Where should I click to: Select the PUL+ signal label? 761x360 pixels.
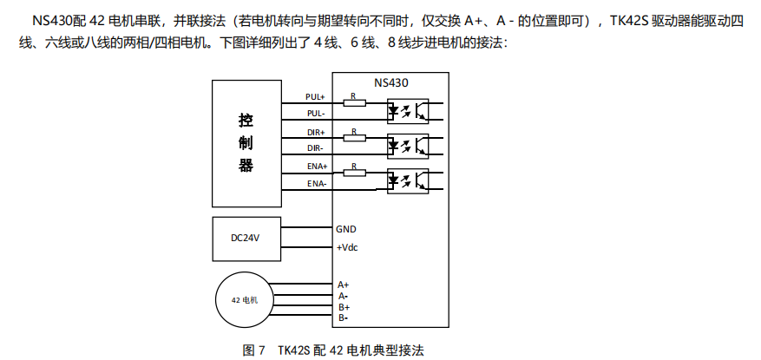315,96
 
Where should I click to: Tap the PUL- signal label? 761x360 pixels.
315,114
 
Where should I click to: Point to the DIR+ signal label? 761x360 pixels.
315,132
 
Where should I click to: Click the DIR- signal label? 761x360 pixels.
315,148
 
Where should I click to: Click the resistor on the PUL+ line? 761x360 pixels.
353,102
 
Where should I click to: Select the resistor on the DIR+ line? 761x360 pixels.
353,138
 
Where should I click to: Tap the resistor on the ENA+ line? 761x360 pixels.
353,172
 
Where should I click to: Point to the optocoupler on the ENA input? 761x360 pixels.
407,180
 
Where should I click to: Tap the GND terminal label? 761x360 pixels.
346,230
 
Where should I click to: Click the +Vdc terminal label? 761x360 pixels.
347,248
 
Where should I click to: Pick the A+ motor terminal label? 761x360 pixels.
344,285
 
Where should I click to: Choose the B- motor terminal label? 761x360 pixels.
344,318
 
